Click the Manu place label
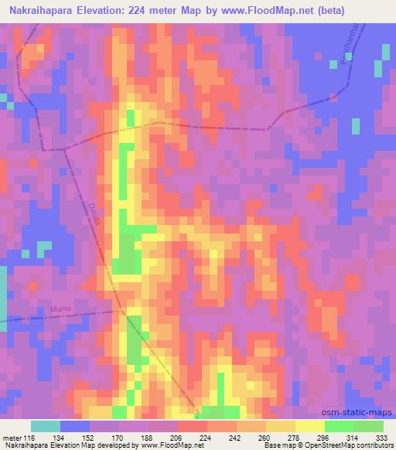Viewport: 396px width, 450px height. pos(60,309)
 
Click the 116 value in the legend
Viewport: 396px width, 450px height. pos(29,436)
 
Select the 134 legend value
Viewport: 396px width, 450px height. pos(60,436)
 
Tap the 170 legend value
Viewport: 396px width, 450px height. pos(118,436)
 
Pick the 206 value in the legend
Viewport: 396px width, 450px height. pos(177,436)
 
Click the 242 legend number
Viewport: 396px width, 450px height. pos(236,436)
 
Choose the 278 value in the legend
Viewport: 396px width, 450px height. pos(295,436)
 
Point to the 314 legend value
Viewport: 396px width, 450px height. pos(353,436)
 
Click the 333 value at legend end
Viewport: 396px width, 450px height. pos(382,436)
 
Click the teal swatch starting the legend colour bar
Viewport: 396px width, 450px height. pos(45,426)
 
